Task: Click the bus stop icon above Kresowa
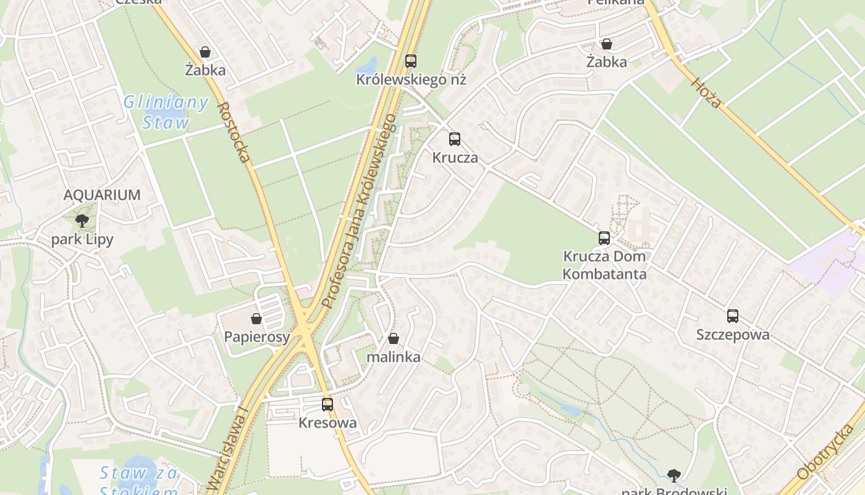pyautogui.click(x=327, y=405)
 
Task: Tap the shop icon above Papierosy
pyautogui.click(x=256, y=319)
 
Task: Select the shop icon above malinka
pyautogui.click(x=394, y=338)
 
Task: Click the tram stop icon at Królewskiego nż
pyautogui.click(x=411, y=61)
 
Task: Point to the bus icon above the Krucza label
pyautogui.click(x=455, y=139)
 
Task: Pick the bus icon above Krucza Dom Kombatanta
pyautogui.click(x=604, y=238)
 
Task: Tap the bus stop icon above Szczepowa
pyautogui.click(x=733, y=316)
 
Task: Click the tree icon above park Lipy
pyautogui.click(x=82, y=221)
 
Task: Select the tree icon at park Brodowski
pyautogui.click(x=674, y=475)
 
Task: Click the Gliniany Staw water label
pyautogui.click(x=166, y=112)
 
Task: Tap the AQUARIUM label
pyautogui.click(x=102, y=195)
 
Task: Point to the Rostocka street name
pyautogui.click(x=234, y=132)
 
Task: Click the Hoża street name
pyautogui.click(x=706, y=93)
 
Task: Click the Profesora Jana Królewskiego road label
pyautogui.click(x=359, y=210)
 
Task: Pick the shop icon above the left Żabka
pyautogui.click(x=205, y=52)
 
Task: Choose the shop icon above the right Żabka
pyautogui.click(x=607, y=44)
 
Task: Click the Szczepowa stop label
pyautogui.click(x=733, y=335)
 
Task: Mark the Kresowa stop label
pyautogui.click(x=327, y=423)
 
